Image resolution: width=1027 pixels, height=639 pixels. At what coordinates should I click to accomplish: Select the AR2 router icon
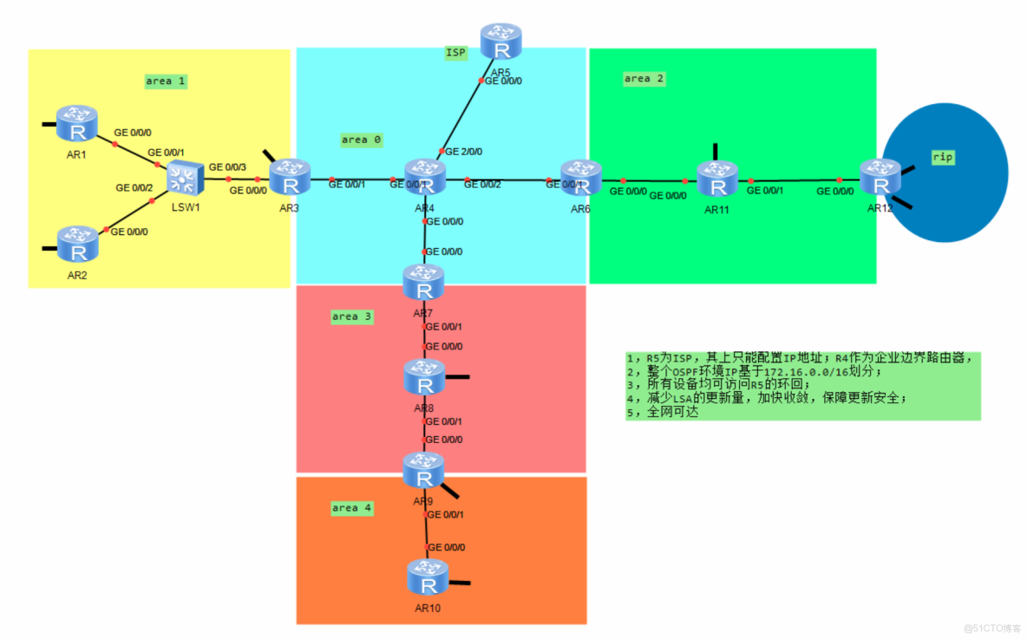click(78, 245)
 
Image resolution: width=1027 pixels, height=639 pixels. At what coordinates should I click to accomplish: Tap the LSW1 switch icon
click(183, 179)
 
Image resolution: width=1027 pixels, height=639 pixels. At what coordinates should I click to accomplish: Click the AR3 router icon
click(289, 177)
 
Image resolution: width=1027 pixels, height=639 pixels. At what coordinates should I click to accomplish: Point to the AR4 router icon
click(424, 177)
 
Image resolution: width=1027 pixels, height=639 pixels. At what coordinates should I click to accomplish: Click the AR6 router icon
click(581, 178)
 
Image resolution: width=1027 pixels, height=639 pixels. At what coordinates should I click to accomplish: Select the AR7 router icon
click(424, 283)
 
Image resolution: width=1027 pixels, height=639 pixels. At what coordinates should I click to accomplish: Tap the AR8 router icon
click(424, 377)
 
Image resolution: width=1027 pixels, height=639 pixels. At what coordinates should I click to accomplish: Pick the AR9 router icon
click(424, 471)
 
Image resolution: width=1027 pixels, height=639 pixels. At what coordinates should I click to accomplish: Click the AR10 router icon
click(428, 577)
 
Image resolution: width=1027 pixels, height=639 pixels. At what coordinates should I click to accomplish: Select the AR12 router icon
click(880, 179)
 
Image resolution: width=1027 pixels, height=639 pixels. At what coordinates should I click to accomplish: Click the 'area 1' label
click(166, 82)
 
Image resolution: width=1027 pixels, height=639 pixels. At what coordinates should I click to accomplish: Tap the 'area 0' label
click(361, 140)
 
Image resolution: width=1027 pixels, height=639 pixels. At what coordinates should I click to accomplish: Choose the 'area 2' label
click(644, 79)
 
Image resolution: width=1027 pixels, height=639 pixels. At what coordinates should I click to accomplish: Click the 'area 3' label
click(352, 316)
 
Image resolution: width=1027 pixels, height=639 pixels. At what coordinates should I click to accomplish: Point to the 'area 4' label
click(352, 508)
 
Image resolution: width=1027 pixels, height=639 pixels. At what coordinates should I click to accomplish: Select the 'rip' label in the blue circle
click(943, 157)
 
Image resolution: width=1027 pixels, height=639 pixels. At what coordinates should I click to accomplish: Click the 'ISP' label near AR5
click(455, 53)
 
